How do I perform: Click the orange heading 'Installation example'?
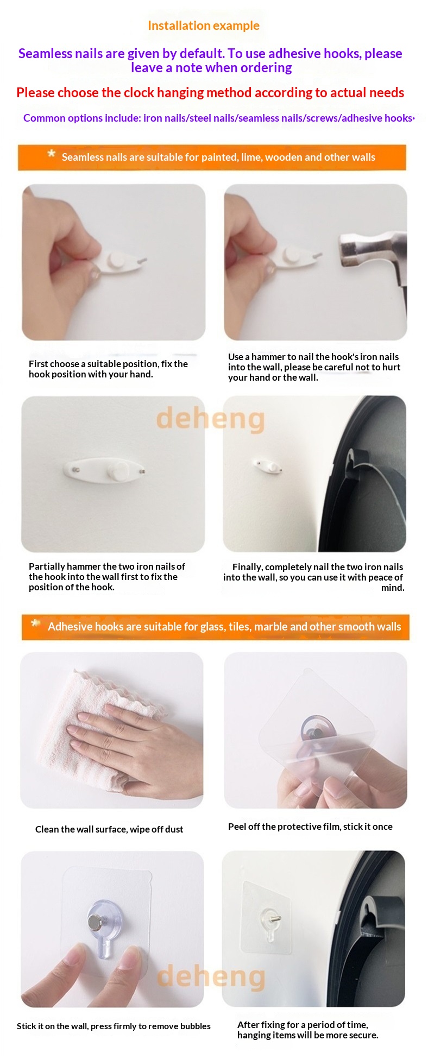pyautogui.click(x=204, y=26)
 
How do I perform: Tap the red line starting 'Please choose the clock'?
pyautogui.click(x=210, y=93)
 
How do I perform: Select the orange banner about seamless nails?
pyautogui.click(x=212, y=157)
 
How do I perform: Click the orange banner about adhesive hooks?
pyautogui.click(x=215, y=627)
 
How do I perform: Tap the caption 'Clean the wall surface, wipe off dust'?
pyautogui.click(x=109, y=829)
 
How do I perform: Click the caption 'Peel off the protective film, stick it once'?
pyautogui.click(x=310, y=827)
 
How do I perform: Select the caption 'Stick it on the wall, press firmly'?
pyautogui.click(x=114, y=1026)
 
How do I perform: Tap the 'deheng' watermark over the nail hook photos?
pyautogui.click(x=210, y=419)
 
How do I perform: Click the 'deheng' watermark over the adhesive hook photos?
pyautogui.click(x=211, y=976)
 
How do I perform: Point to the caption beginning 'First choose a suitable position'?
pyautogui.click(x=108, y=369)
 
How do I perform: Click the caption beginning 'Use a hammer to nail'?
pyautogui.click(x=314, y=367)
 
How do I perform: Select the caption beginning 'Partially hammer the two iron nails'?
pyautogui.click(x=106, y=577)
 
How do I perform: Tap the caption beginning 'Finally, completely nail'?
pyautogui.click(x=313, y=577)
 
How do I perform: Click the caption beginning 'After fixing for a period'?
pyautogui.click(x=308, y=1030)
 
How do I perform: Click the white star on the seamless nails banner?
pyautogui.click(x=51, y=154)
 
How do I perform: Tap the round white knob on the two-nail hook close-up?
pyautogui.click(x=118, y=470)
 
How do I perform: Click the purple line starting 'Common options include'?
pyautogui.click(x=219, y=118)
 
